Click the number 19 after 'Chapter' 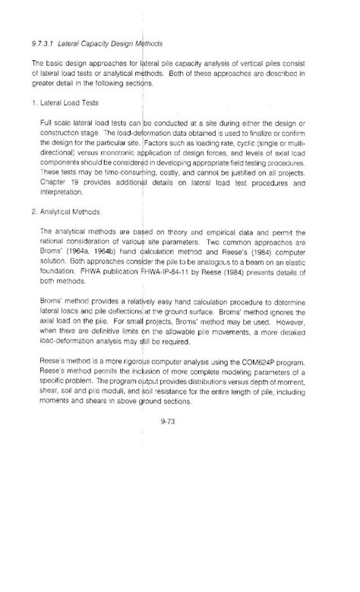tap(76, 182)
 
